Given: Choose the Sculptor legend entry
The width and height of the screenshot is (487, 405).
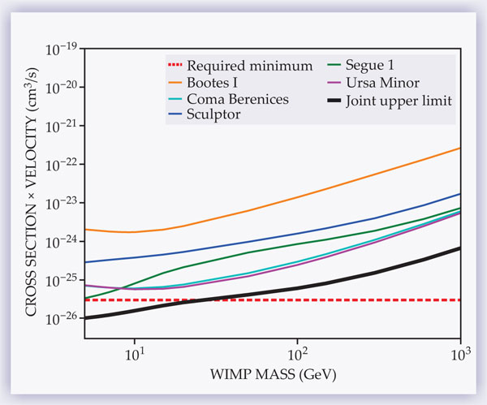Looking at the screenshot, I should (215, 115).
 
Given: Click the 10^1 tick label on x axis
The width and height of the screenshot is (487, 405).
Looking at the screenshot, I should (135, 355).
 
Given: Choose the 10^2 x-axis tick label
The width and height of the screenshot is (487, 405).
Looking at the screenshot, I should (298, 355).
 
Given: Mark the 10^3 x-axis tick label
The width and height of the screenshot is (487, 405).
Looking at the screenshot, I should (460, 355).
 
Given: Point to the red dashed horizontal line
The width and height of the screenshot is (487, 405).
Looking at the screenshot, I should (365, 300).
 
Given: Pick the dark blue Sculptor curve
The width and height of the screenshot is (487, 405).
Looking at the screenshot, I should (325, 228).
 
